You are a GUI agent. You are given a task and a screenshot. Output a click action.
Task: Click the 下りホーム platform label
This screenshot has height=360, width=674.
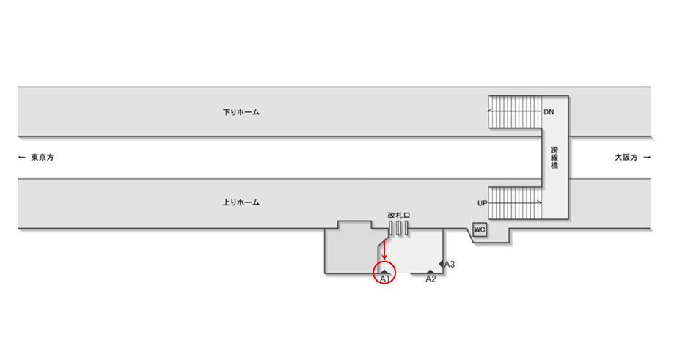coord(241,113)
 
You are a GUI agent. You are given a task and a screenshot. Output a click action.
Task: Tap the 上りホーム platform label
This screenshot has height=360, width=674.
coord(241,202)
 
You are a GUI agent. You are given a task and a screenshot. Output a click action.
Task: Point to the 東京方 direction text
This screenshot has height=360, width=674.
coord(43,158)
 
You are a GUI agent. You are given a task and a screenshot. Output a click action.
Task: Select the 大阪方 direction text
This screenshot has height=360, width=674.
coord(626,158)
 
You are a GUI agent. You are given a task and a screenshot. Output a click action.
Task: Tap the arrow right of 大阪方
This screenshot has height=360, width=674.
coord(647,158)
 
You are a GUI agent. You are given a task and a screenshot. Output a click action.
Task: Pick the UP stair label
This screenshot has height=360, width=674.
coord(482,202)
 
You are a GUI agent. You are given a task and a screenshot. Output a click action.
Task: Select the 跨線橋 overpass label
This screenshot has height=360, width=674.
coord(554,158)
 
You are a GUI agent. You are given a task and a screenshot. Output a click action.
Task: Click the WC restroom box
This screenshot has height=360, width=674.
coord(480,229)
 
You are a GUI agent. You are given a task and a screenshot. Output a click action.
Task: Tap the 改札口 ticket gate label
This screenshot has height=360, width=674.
coord(399,215)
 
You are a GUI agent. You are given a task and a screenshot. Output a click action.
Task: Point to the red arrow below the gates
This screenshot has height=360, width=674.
coord(384,249)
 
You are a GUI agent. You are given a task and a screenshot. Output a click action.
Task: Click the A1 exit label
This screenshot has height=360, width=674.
coord(384,279)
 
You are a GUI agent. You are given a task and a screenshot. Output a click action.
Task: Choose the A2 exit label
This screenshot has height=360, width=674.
coord(431,279)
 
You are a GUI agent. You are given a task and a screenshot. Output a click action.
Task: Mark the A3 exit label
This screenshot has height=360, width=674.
coord(450,264)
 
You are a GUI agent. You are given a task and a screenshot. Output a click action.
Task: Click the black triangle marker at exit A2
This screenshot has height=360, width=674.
coord(431,272)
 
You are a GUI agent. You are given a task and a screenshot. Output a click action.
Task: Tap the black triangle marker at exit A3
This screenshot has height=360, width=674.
coord(442,263)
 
